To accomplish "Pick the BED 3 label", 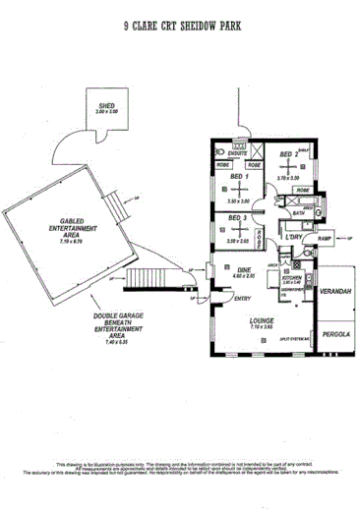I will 237,218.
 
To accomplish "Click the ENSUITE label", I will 236,154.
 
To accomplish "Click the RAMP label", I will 324,238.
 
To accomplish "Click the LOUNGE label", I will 261,321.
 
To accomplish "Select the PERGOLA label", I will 331,334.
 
